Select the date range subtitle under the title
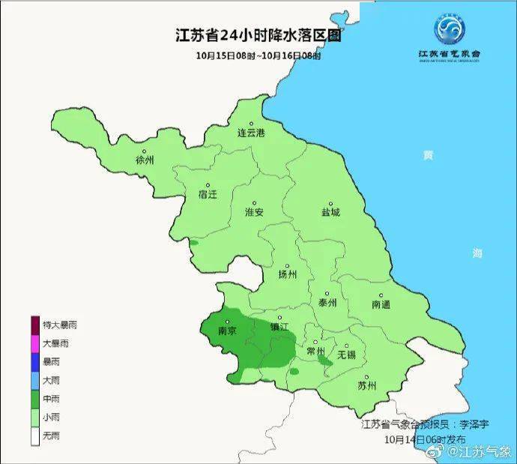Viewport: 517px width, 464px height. (258, 55)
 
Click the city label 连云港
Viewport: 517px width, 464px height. (252, 133)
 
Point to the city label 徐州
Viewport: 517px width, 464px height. (145, 160)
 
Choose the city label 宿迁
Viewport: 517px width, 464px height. (208, 195)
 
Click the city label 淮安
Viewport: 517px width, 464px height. (255, 212)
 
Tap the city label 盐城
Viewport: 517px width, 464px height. (330, 212)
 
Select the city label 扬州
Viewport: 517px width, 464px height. (288, 274)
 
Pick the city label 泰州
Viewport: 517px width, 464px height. (327, 303)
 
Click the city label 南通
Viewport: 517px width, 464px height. (381, 305)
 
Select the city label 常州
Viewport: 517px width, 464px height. (316, 351)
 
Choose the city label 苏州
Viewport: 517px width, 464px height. (367, 387)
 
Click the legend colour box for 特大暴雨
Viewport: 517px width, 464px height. (35, 325)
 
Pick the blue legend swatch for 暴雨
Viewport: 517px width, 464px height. (35, 362)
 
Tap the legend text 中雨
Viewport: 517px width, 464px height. (52, 399)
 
